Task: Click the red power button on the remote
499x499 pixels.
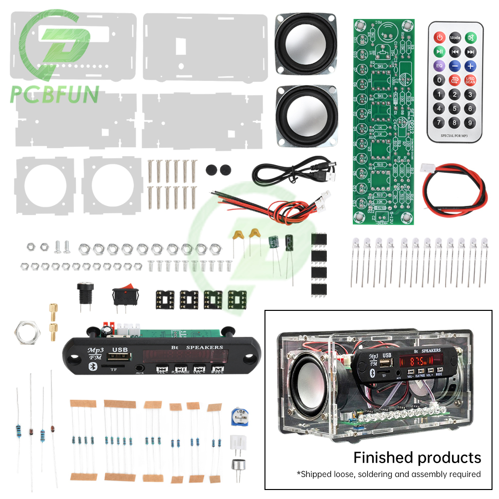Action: coord(439,37)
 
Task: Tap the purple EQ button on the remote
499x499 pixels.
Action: coord(439,65)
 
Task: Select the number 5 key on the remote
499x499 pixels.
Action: coord(455,108)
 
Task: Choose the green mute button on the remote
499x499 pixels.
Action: coord(470,37)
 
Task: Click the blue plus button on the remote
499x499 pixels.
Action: coord(470,65)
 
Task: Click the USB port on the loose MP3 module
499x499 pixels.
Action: coord(120,358)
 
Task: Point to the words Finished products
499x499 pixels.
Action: coord(417,457)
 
